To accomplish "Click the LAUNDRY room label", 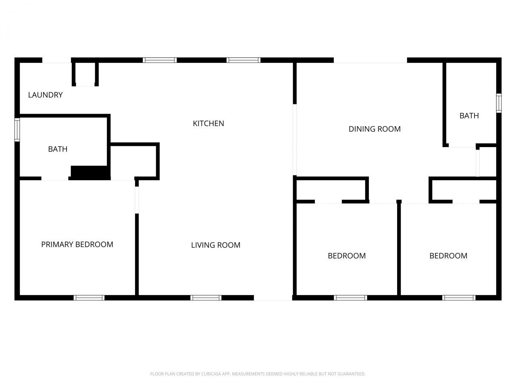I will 45,95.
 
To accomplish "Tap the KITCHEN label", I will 208,123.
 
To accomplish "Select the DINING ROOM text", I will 375,129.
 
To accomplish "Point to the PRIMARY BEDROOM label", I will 77,244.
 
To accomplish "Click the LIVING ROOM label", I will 216,245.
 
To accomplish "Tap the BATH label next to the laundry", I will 58,149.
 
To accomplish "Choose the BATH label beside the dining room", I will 469,116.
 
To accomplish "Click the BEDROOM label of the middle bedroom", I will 347,256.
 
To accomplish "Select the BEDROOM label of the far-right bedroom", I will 448,256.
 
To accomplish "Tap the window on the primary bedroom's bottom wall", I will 89,298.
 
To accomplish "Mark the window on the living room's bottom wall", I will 206,298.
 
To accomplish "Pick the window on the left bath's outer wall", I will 17,129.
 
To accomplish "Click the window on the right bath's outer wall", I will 499,103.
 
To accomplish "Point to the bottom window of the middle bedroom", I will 350,298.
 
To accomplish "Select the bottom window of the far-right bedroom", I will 459,298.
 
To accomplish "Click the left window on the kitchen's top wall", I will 160,60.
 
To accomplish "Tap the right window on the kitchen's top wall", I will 243,60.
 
